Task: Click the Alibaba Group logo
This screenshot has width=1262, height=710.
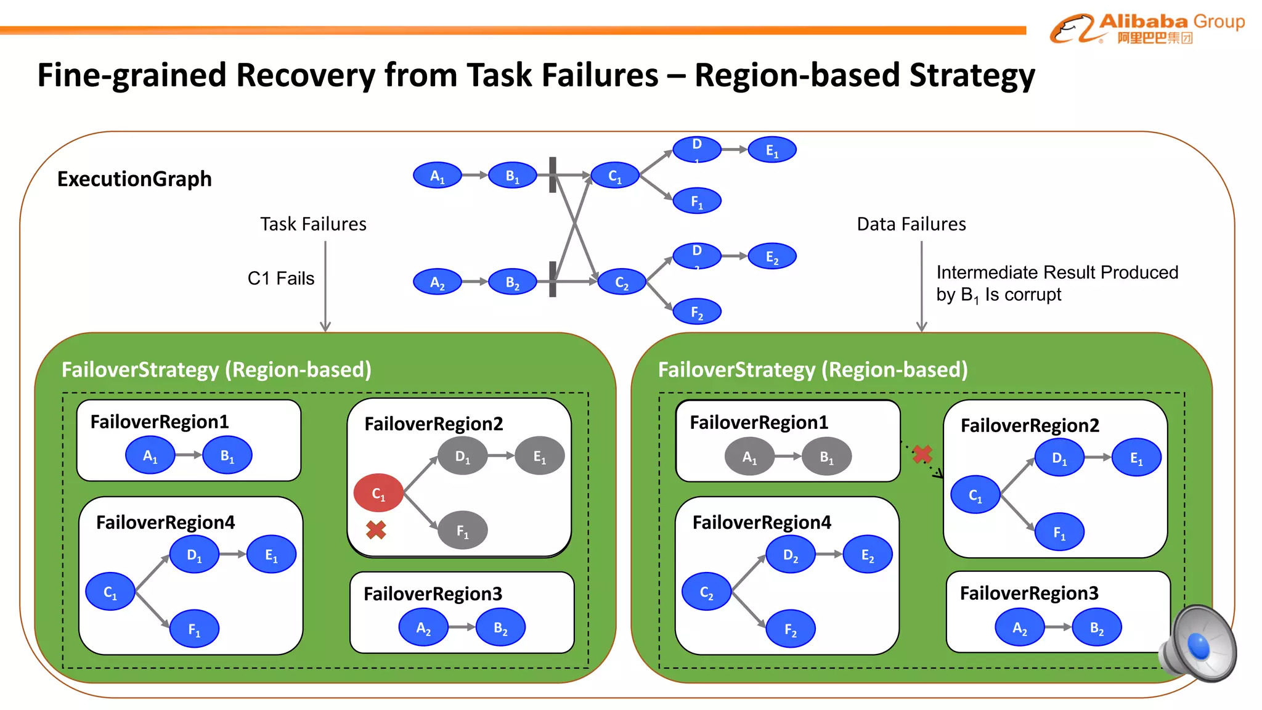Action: [x=1146, y=28]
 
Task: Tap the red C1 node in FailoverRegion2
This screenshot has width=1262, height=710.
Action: [x=378, y=493]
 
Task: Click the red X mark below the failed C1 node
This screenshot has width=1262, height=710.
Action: [x=376, y=530]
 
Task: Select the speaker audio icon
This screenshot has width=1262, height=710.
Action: [x=1198, y=643]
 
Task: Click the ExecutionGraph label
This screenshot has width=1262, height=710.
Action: [x=134, y=179]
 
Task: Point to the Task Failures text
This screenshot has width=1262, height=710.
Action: [x=313, y=224]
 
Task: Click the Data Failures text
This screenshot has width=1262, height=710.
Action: [x=911, y=224]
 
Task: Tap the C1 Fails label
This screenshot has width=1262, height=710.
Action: [x=280, y=279]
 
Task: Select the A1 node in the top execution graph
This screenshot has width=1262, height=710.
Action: [x=437, y=176]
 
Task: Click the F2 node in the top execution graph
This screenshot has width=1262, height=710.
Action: [x=697, y=312]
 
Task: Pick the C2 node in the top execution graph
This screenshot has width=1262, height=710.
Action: [x=622, y=282]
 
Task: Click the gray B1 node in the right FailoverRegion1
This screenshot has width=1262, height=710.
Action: [x=826, y=457]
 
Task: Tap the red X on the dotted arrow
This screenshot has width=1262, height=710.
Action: [x=922, y=455]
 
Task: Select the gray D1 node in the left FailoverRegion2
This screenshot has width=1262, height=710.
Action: [x=462, y=456]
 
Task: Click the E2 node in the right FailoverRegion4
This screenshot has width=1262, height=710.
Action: [x=867, y=555]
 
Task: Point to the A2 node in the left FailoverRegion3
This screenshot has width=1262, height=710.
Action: [x=423, y=627]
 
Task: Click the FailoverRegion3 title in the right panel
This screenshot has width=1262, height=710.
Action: [x=1029, y=593]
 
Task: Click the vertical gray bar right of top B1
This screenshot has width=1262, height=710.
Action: [x=553, y=174]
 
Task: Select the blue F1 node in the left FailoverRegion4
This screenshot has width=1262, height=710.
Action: [x=194, y=629]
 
